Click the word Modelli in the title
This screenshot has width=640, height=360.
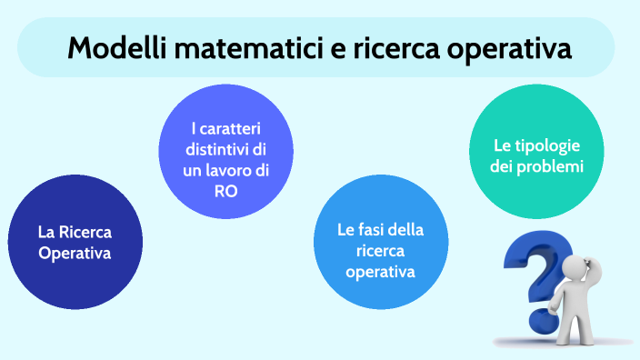[x=115, y=47]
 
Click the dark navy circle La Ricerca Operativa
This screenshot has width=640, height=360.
[x=75, y=242]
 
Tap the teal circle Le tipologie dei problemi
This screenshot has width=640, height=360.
[x=536, y=156]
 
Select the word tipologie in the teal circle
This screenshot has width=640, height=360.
[x=547, y=145]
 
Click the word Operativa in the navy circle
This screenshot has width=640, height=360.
[x=75, y=254]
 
